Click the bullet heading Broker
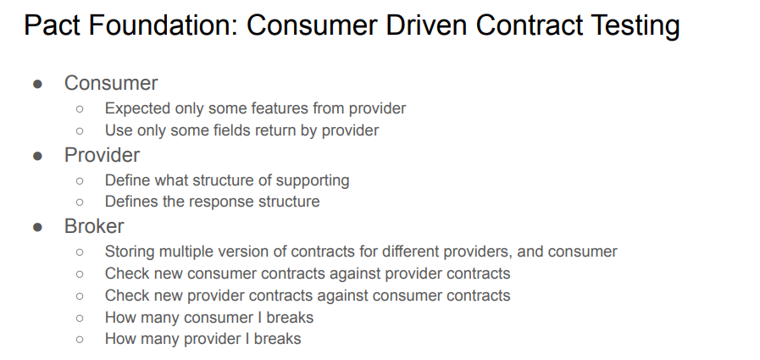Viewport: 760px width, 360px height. tap(94, 226)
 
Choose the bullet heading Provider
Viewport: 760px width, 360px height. tap(102, 155)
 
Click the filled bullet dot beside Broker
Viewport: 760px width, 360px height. tap(38, 227)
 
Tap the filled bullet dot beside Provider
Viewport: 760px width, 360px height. tap(38, 156)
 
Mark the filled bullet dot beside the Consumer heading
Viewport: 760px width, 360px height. tap(38, 85)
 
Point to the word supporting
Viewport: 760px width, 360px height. tap(313, 180)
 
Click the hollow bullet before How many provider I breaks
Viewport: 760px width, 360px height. tap(80, 339)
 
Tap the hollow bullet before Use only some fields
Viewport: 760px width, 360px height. tap(80, 130)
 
